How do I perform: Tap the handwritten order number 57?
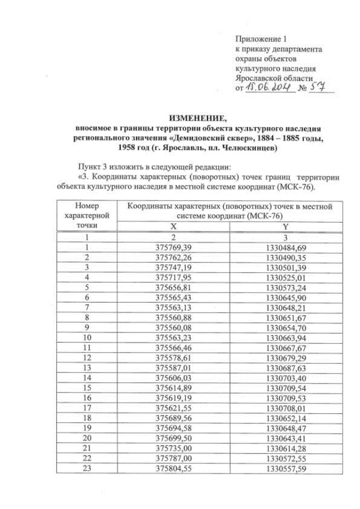pos(317,88)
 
